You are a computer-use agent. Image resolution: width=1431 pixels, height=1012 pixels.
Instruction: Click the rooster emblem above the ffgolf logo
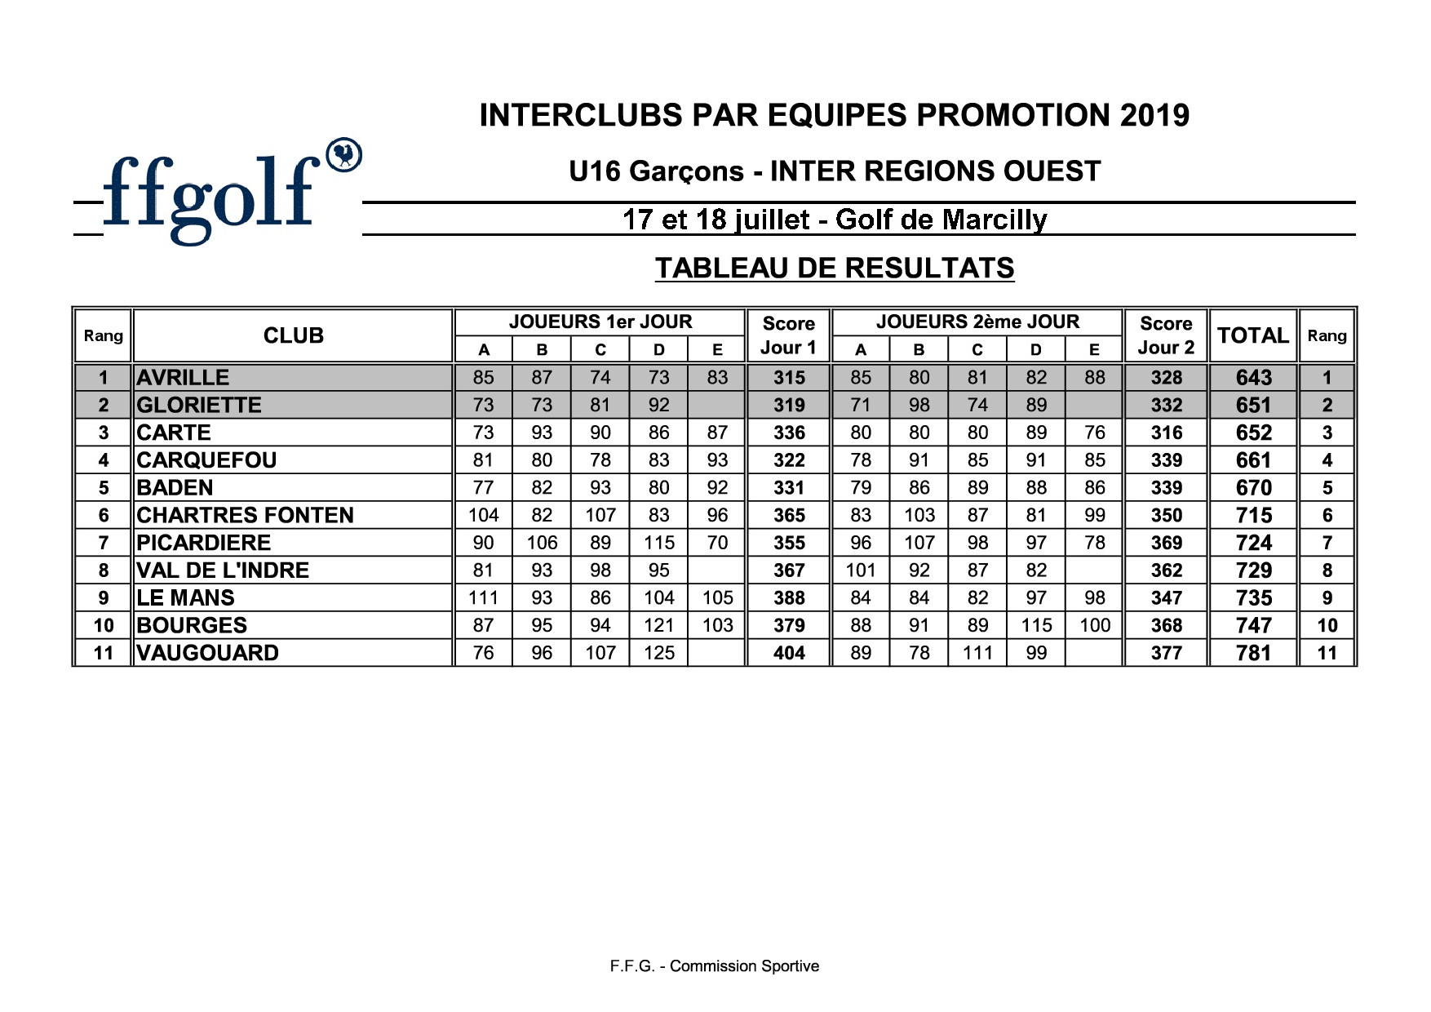pos(343,155)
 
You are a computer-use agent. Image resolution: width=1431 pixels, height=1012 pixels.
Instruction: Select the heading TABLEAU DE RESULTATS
pos(834,268)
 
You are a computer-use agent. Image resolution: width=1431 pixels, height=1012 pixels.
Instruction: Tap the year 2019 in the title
pos(1154,116)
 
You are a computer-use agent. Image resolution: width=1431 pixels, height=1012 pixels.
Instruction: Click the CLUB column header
pos(293,335)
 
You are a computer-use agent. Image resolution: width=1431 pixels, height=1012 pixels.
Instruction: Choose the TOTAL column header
pos(1252,335)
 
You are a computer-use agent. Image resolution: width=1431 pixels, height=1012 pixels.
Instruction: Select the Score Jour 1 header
pos(788,335)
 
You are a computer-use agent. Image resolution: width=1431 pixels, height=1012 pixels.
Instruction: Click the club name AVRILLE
pos(183,378)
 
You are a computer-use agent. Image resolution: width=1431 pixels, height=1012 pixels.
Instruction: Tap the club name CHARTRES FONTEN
pos(245,515)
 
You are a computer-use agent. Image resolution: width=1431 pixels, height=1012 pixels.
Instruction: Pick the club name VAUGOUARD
pos(207,653)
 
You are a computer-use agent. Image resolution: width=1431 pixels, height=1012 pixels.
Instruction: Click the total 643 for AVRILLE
pos(1253,378)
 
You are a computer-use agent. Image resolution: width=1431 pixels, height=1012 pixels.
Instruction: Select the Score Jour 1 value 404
pos(789,653)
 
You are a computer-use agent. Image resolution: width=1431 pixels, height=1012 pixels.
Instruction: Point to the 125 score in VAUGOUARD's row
pos(658,653)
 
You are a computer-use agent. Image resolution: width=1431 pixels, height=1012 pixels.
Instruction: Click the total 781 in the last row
pos(1253,653)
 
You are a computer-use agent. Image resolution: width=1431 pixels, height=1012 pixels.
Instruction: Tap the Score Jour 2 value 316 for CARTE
pos(1166,433)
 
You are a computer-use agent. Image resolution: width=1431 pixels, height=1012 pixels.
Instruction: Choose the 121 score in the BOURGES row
pos(658,625)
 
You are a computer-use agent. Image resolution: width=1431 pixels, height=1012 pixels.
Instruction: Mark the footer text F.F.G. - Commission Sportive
pos(714,966)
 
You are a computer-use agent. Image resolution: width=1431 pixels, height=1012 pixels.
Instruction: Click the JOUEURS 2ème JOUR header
pos(977,322)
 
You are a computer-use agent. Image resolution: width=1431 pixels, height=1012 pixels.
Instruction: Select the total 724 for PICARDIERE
pos(1253,543)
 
